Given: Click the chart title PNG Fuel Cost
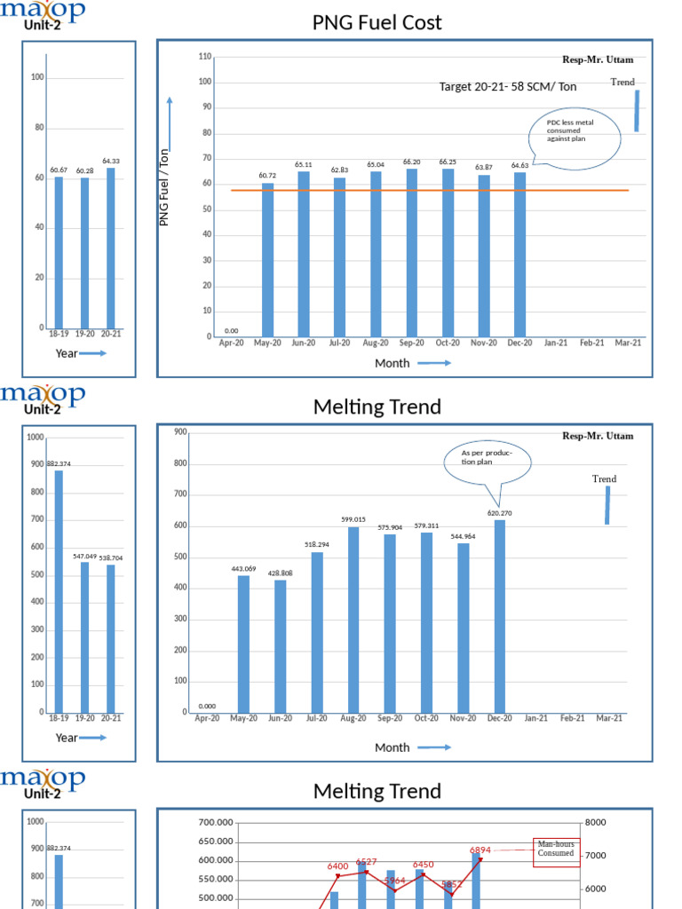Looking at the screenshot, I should (377, 23).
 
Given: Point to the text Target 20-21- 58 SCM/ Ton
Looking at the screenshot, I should (507, 87).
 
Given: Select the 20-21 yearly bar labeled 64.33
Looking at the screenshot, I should (110, 248).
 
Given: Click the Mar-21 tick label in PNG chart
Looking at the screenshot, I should (628, 343).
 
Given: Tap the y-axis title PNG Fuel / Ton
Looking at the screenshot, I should (164, 186).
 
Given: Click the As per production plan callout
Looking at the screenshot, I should (489, 461).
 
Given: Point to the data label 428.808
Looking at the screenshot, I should (281, 573).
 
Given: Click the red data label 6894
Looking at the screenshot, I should (480, 850).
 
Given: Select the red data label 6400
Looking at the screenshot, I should (337, 866).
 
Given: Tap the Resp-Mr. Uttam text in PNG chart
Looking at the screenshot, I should (598, 60).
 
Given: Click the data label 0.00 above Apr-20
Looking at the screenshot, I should (231, 330).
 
